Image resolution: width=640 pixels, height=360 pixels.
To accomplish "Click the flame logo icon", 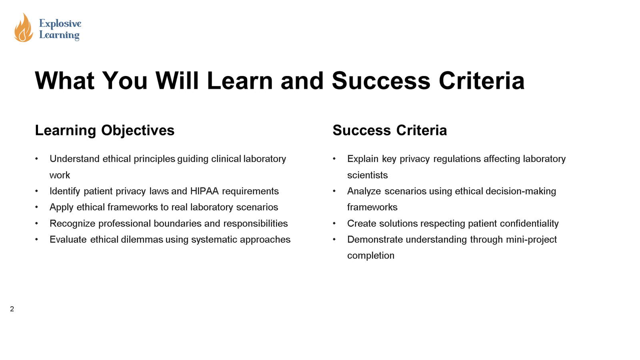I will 23,28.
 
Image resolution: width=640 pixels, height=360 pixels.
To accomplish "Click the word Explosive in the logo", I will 60,24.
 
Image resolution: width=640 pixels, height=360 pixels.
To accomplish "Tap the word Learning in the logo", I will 59,35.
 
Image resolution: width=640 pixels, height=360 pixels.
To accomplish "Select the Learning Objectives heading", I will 104,130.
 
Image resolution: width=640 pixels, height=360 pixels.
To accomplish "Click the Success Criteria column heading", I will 390,130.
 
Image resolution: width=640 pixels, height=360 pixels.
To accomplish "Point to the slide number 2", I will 12,309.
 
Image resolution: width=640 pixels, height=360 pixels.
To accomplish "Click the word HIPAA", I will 204,191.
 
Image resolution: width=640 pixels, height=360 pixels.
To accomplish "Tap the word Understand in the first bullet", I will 74,159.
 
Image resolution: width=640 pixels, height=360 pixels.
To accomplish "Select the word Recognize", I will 72,224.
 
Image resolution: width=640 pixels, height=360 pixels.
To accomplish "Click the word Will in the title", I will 177,81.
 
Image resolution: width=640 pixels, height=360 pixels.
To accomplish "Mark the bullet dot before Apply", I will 37,207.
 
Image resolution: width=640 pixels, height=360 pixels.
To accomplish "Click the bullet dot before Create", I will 334,224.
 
